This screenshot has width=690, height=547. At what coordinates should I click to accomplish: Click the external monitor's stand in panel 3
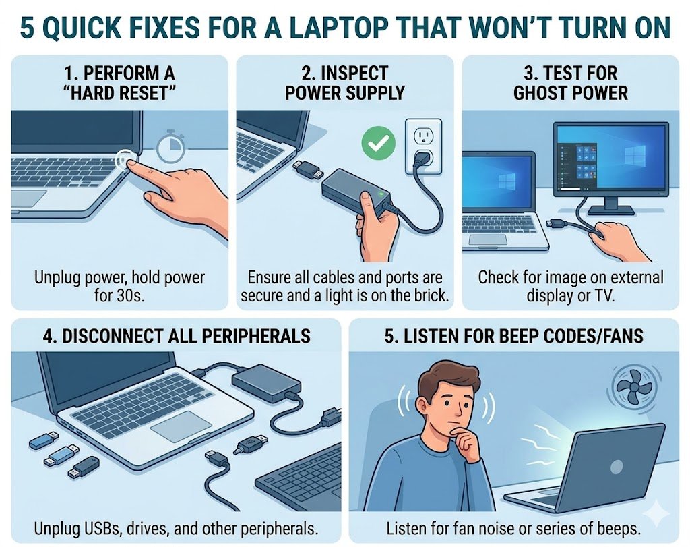(x=611, y=202)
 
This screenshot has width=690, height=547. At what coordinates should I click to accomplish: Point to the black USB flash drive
(x=82, y=465)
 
